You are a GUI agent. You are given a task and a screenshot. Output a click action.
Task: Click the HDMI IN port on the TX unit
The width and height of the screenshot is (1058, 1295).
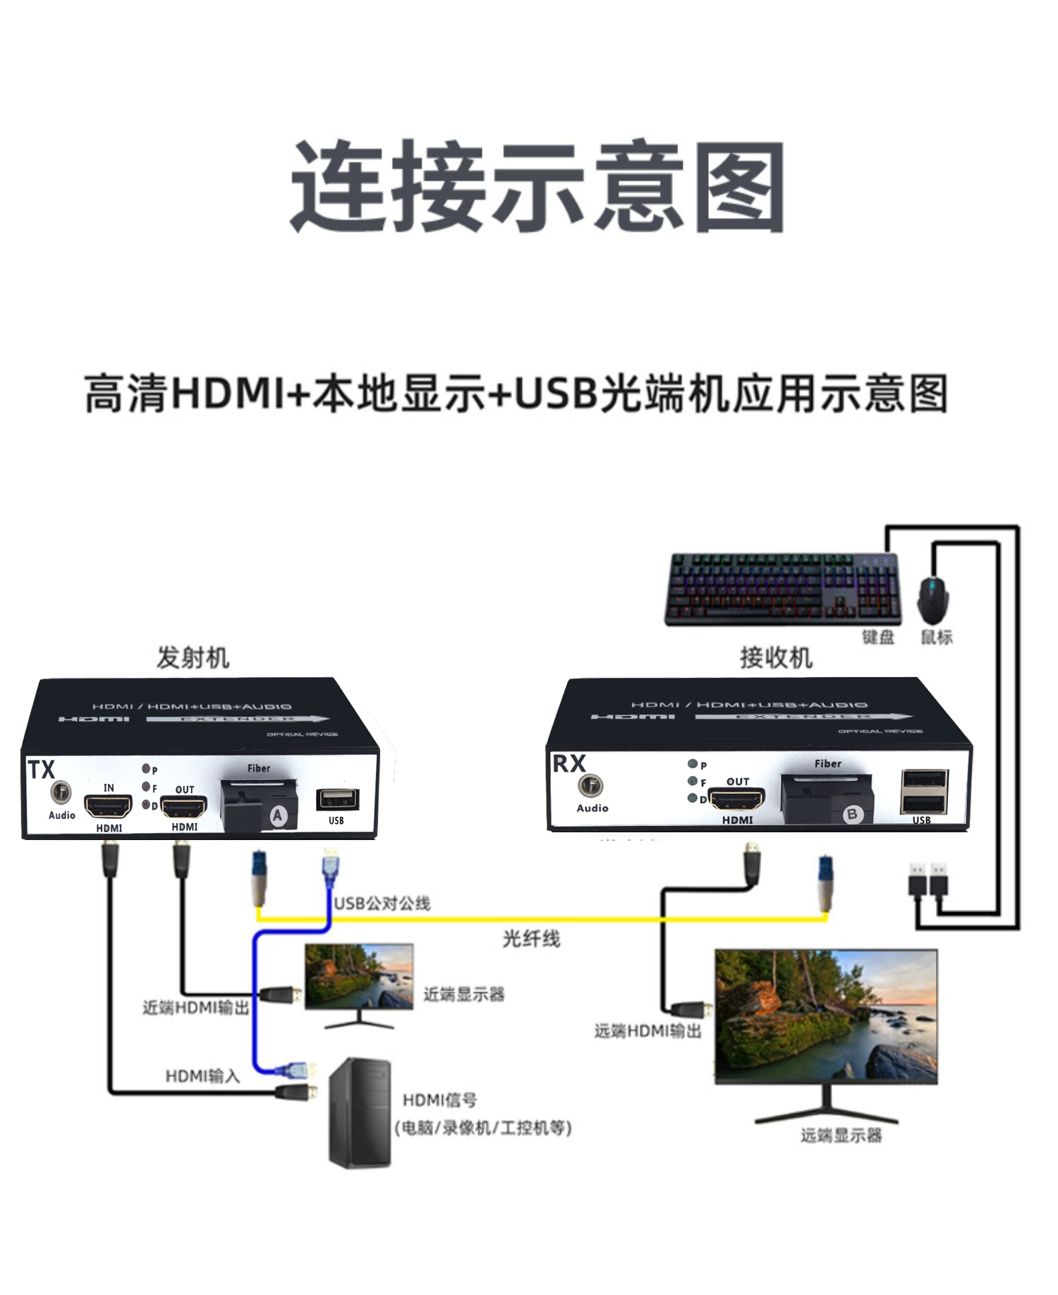(109, 805)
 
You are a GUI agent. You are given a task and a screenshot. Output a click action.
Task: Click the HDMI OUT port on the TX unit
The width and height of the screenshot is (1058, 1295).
(184, 805)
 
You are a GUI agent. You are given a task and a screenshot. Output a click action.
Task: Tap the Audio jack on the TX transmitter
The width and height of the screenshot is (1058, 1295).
(61, 792)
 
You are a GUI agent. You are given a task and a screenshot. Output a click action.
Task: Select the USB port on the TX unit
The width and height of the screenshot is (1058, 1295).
(337, 799)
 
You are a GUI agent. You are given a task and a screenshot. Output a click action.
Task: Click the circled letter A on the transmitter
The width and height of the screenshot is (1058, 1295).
(278, 816)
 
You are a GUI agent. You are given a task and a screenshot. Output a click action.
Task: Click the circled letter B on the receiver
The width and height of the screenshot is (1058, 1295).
(852, 814)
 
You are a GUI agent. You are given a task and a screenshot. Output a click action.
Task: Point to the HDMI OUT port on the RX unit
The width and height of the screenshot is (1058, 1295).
(737, 800)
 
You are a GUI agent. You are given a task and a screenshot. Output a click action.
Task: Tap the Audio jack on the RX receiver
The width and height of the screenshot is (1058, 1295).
(590, 785)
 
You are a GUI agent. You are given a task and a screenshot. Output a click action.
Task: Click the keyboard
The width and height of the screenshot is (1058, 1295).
(783, 589)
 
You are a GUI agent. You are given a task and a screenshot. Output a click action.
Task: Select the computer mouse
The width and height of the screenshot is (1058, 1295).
(932, 600)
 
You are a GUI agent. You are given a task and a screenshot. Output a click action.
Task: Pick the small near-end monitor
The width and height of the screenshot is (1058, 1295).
(359, 977)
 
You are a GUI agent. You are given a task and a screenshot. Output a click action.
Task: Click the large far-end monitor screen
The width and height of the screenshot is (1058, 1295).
(826, 1016)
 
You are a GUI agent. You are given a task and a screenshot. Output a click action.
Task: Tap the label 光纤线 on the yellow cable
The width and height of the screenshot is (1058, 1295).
(531, 939)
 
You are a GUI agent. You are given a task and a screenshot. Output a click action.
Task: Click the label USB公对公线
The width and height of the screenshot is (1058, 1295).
(382, 904)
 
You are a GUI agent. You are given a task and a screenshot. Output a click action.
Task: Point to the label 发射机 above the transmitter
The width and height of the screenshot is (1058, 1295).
(193, 657)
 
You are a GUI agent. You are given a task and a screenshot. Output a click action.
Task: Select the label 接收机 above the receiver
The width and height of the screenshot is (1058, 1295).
(776, 657)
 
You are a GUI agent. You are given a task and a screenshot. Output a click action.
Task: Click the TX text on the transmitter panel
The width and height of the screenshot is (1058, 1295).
(41, 770)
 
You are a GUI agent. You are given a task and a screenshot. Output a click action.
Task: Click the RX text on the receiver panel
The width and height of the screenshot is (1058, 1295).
(568, 763)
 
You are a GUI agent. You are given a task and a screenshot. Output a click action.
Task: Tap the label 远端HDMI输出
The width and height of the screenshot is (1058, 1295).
(647, 1031)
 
